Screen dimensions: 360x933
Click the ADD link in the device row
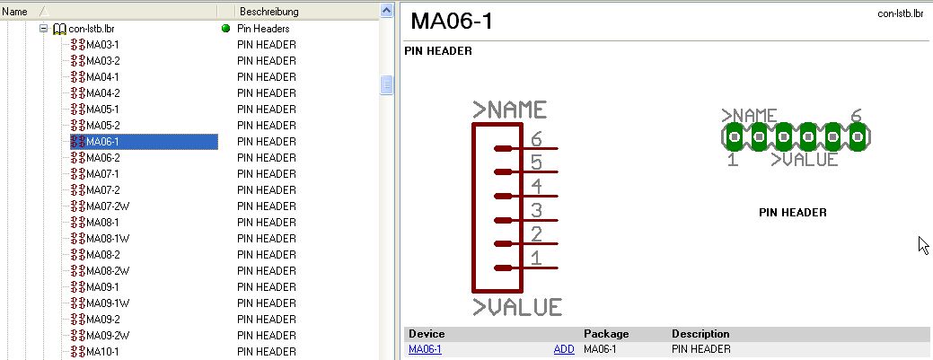coord(564,349)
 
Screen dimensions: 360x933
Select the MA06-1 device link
coord(425,349)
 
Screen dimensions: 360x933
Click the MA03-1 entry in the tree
coord(102,44)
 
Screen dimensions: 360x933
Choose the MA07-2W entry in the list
coord(108,206)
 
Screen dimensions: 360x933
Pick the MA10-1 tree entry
coord(102,351)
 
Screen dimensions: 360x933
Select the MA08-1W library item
coord(108,238)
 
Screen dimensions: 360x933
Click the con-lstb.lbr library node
coord(91,29)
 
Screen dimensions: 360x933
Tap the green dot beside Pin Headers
coord(225,29)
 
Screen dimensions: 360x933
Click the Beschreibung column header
coord(268,12)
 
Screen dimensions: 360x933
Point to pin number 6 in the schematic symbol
coord(536,139)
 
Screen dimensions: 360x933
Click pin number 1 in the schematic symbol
coord(536,259)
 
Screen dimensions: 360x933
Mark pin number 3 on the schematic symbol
coord(536,211)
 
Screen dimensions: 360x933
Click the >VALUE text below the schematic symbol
coord(517,307)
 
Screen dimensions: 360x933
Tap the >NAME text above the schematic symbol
coord(510,110)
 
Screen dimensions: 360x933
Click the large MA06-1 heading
coord(452,22)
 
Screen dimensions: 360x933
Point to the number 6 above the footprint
coord(856,116)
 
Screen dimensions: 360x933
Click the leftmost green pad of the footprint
coord(734,137)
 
